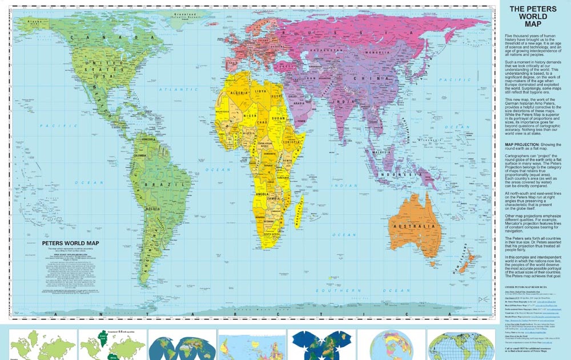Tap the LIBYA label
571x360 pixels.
point(260,91)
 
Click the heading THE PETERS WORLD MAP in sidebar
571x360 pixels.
point(532,17)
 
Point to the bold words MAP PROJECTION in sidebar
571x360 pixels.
point(522,146)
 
